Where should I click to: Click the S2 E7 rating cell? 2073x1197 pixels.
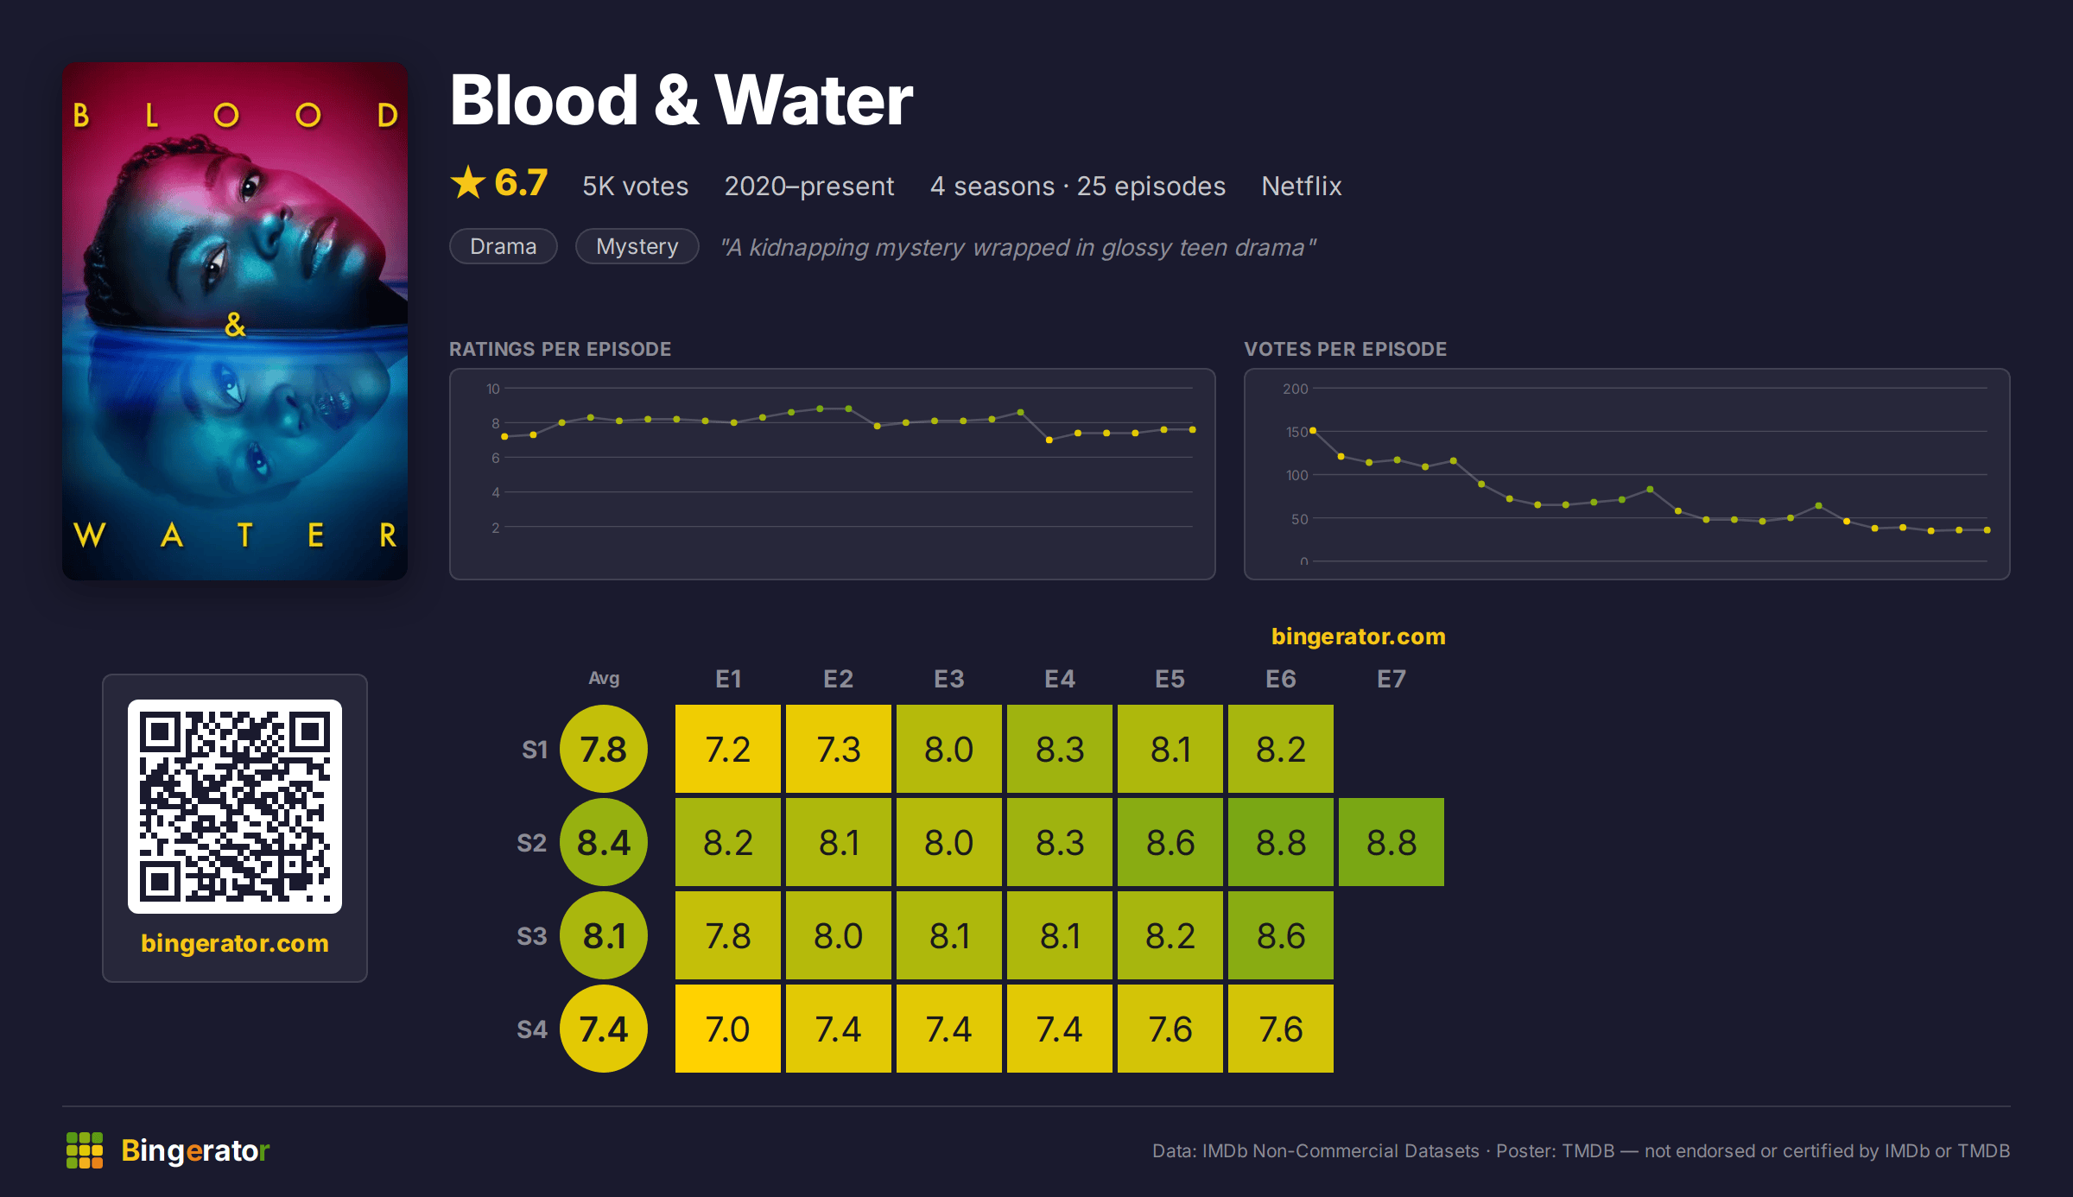[1391, 842]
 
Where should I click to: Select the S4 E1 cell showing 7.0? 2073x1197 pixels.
[727, 1029]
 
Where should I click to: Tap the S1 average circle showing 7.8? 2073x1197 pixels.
[604, 749]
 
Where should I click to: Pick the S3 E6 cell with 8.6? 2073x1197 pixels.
[1280, 935]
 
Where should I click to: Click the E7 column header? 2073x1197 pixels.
[1391, 679]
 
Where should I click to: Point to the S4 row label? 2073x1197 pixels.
[532, 1029]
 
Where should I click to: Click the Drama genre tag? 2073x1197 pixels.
[504, 246]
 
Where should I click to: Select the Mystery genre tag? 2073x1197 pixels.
[637, 246]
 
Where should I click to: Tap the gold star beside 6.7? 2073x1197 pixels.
[468, 182]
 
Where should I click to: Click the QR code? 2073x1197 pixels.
[235, 807]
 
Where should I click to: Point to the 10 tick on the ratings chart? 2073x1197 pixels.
[493, 389]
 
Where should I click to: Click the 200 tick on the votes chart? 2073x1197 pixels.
[1296, 389]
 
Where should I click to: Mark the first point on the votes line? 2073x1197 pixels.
[1313, 430]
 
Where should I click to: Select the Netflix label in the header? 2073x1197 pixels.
[1301, 186]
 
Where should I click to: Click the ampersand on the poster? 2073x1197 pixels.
[235, 325]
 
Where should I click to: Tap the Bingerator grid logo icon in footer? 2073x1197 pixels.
[85, 1150]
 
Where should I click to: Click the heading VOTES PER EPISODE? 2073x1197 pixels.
[1345, 349]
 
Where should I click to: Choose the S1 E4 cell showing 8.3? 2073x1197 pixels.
[1059, 749]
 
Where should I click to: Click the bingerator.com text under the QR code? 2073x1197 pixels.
[235, 943]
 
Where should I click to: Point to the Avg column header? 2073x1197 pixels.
[604, 679]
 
